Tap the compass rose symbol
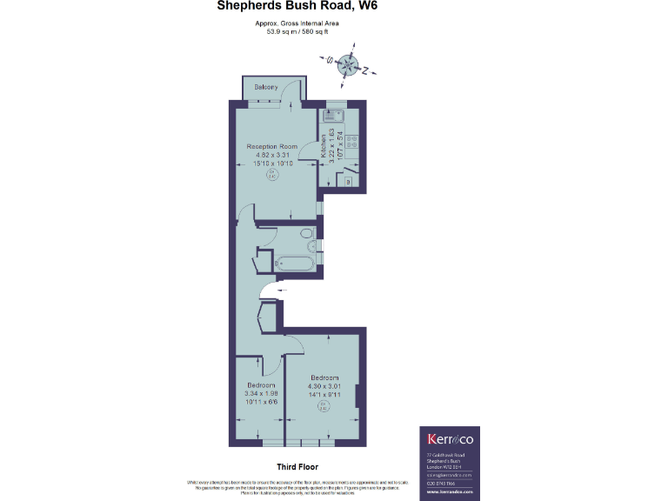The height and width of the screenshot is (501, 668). [x=348, y=65]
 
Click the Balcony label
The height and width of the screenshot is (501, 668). [x=266, y=87]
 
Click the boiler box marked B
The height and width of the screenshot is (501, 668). [x=348, y=182]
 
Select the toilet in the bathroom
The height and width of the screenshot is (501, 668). [x=304, y=234]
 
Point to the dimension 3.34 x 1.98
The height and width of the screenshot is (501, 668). [x=261, y=393]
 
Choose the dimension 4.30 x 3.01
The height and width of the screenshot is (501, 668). [x=323, y=385]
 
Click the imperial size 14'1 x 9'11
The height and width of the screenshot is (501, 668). [x=323, y=394]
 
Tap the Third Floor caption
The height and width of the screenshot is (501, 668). [x=296, y=466]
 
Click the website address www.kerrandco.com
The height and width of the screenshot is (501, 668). [x=447, y=492]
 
